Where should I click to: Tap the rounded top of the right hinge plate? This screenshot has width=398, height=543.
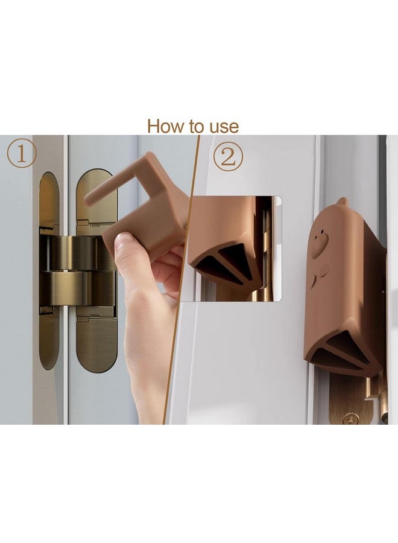95,181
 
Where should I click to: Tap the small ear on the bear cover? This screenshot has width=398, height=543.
342,202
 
